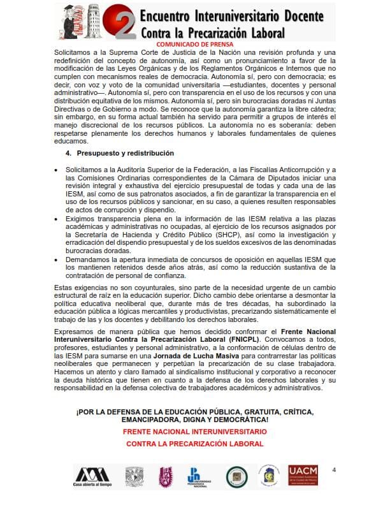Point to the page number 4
click(x=333, y=469)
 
